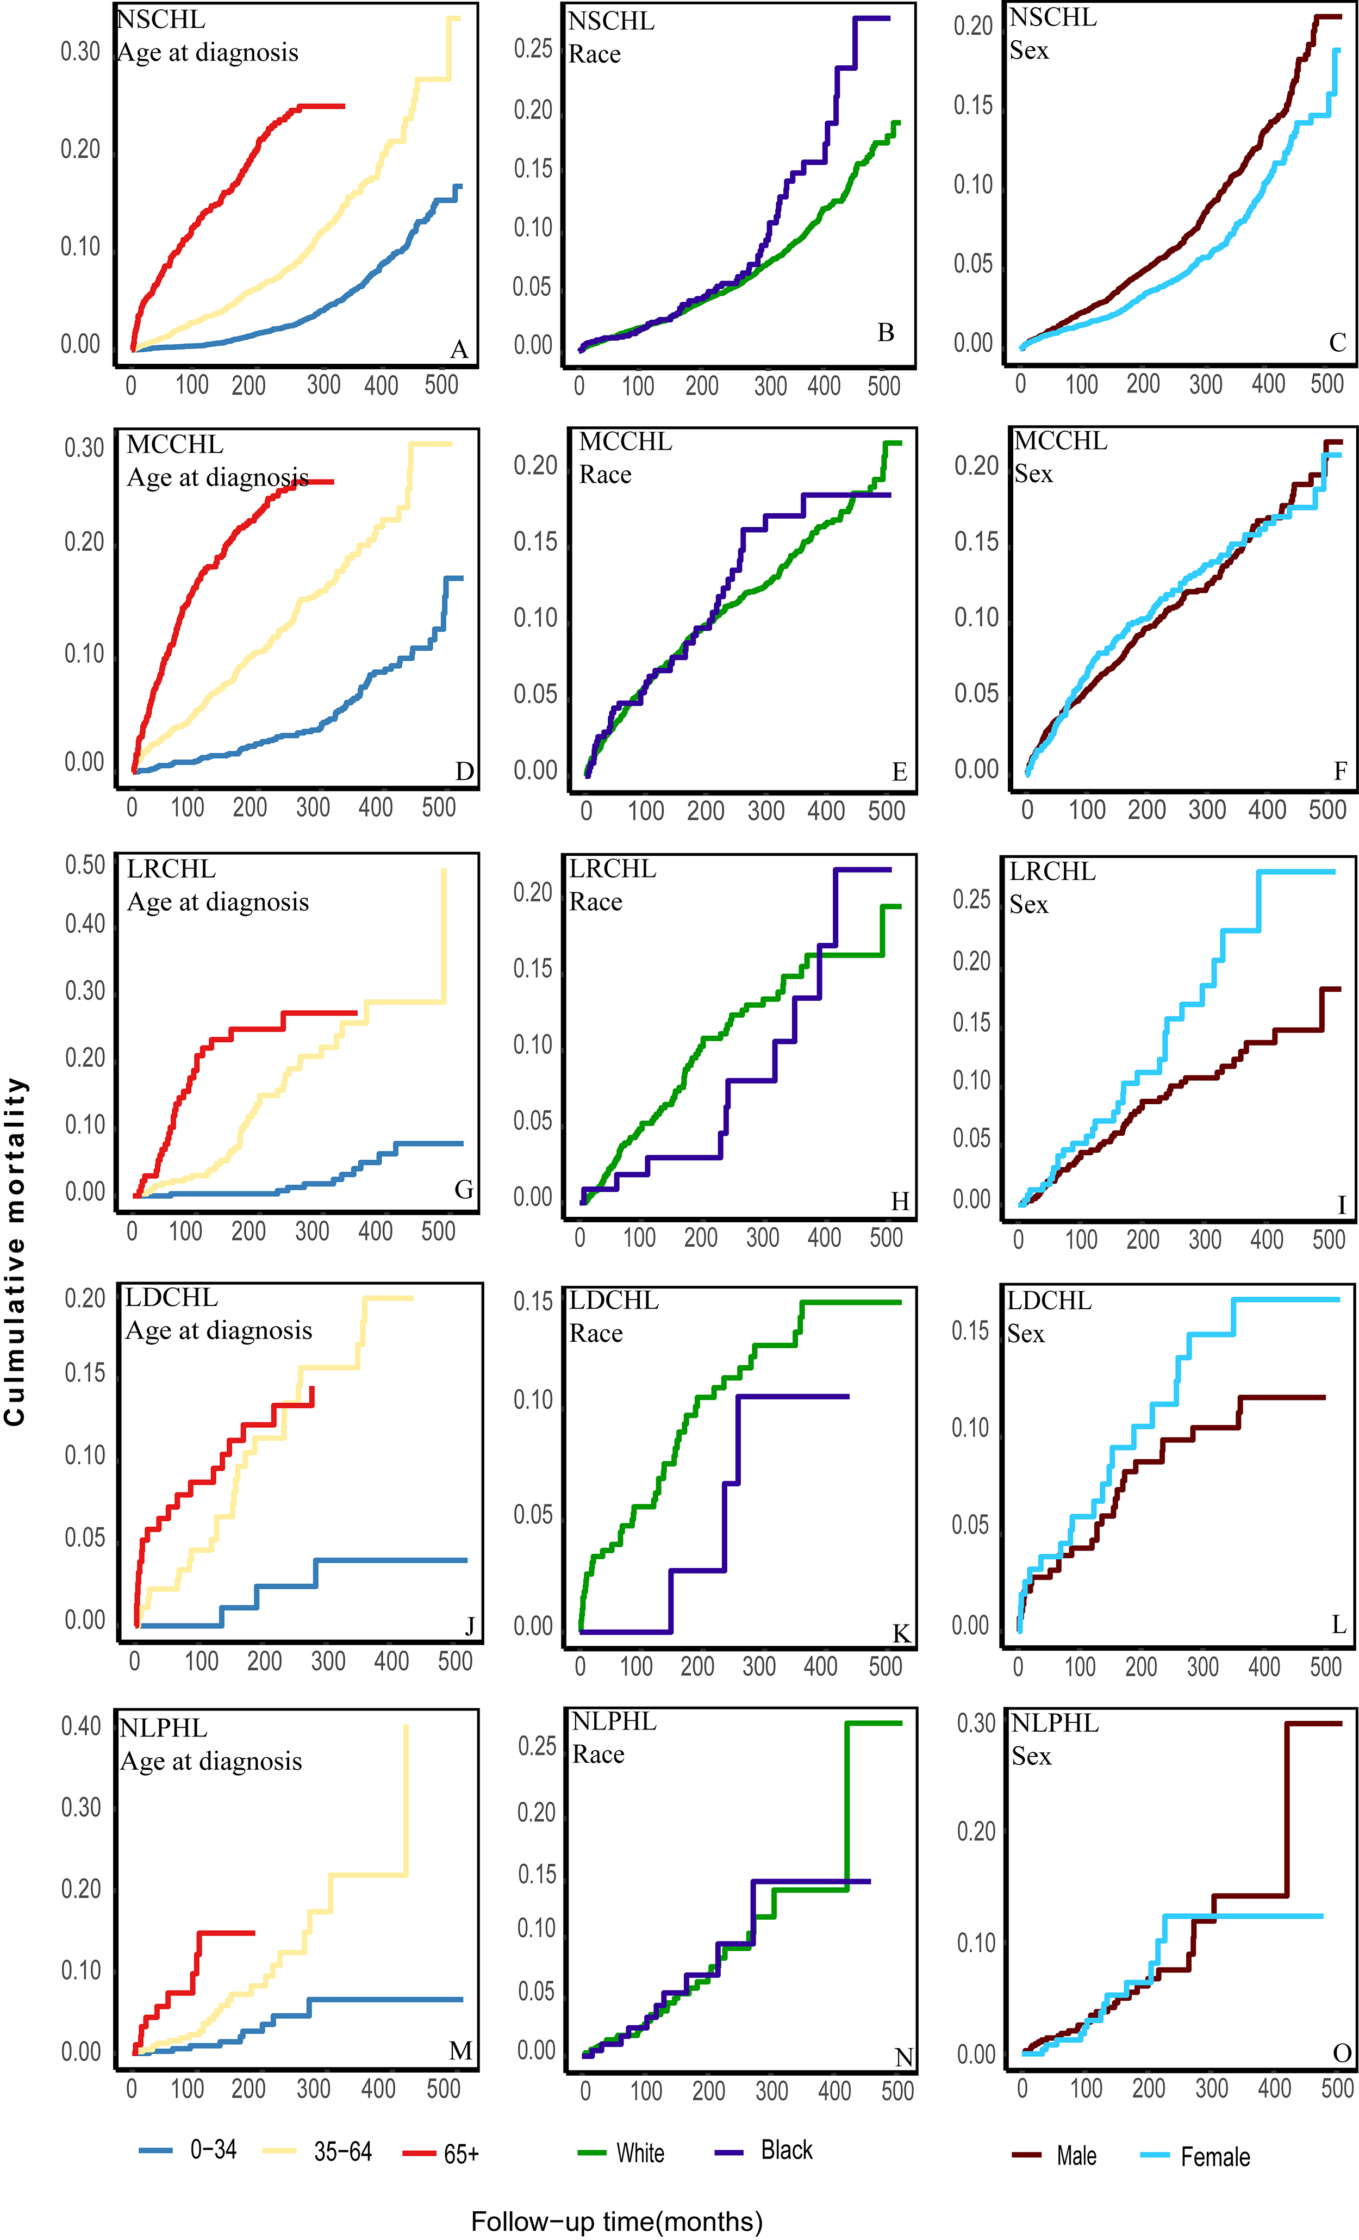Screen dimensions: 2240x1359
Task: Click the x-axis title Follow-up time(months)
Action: (x=616, y=2222)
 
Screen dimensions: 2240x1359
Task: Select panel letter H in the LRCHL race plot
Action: (x=900, y=1202)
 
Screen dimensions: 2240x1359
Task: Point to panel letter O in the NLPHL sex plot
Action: (x=1342, y=2053)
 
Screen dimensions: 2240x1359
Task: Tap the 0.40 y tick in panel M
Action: (x=81, y=1726)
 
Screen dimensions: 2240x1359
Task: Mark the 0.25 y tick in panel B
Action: (x=534, y=49)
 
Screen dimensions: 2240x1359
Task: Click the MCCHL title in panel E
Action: (x=626, y=442)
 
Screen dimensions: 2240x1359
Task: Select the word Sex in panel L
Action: (x=1025, y=1334)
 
